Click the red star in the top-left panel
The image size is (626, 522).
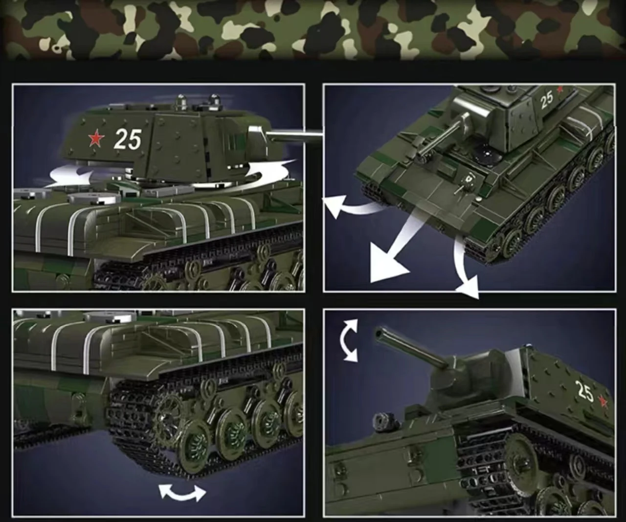96,139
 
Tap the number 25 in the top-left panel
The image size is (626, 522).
128,139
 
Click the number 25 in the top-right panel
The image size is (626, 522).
547,100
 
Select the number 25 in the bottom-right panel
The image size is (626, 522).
585,391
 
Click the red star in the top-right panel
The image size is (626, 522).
559,90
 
